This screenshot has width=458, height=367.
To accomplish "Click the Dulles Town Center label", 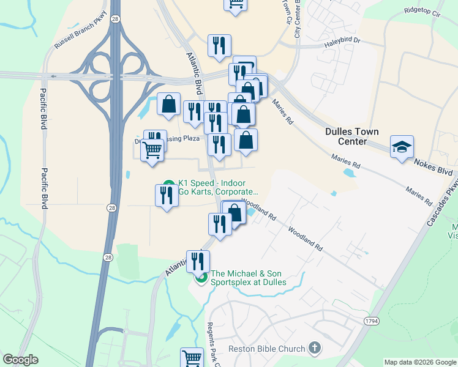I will [351, 136].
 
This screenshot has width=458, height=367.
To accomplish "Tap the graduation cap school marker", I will [402, 147].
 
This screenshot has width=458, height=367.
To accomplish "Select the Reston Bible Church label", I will [266, 349].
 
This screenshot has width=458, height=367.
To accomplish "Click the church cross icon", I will [314, 349].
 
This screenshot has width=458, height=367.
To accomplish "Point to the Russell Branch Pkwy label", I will [80, 29].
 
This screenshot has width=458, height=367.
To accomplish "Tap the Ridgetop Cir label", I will [422, 11].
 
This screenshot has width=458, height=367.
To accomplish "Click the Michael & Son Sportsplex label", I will [248, 278].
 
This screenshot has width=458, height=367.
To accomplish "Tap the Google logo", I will [20, 360].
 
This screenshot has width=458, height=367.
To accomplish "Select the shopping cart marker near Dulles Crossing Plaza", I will [152, 149].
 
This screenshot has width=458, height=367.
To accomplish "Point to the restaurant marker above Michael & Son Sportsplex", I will [197, 261].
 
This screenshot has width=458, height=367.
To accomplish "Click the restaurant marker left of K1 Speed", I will [167, 196].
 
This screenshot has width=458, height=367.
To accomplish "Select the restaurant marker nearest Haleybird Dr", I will [219, 46].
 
